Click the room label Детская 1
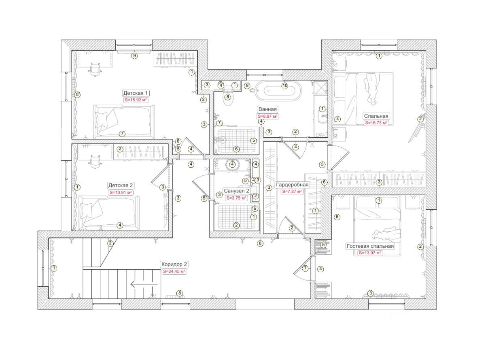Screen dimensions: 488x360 point(135,93)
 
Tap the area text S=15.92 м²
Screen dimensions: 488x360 point(135,100)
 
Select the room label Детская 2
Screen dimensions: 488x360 point(121,185)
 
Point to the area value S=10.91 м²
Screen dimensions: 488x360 point(121,193)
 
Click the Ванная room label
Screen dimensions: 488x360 point(267,109)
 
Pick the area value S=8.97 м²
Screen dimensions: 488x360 point(267,117)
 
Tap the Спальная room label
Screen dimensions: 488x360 point(376,116)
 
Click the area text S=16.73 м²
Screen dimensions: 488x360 point(376,123)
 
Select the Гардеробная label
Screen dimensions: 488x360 point(292,185)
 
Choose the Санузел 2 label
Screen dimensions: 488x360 point(236,191)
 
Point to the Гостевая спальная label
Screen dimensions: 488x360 point(370,246)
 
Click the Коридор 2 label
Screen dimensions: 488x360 point(174,264)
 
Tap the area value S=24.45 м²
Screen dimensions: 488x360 point(174,272)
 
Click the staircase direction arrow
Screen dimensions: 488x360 point(144,284)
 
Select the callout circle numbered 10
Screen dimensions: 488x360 point(285,86)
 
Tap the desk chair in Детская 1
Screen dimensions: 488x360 point(95,69)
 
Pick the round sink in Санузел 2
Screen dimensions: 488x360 point(233,164)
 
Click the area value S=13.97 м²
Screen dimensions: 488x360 point(370,253)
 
